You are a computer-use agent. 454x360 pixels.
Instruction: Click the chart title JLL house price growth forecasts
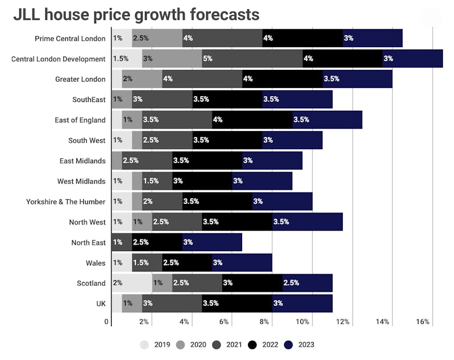[136, 15]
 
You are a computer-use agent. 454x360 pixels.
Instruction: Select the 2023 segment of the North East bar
[212, 242]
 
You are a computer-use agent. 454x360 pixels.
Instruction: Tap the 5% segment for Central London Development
[252, 58]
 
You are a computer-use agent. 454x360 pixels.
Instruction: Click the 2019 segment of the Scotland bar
[132, 283]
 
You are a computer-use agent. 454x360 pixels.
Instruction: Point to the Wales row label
[96, 263]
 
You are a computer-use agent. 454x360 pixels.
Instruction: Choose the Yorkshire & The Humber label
[66, 202]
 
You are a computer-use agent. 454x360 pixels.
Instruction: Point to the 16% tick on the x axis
[423, 322]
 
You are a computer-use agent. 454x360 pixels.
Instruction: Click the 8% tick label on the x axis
[264, 322]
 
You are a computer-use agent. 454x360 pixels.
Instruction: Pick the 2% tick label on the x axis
[144, 322]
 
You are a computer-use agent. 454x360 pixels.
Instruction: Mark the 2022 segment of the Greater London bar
[282, 79]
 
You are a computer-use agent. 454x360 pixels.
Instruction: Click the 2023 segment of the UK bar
[302, 303]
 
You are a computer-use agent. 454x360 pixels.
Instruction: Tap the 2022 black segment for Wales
[187, 262]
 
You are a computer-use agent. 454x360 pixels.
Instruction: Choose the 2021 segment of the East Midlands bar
[147, 160]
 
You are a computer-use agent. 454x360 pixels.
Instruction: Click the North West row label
[87, 222]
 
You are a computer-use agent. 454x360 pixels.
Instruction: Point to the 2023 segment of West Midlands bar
[262, 181]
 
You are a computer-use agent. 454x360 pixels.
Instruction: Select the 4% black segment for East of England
[252, 119]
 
